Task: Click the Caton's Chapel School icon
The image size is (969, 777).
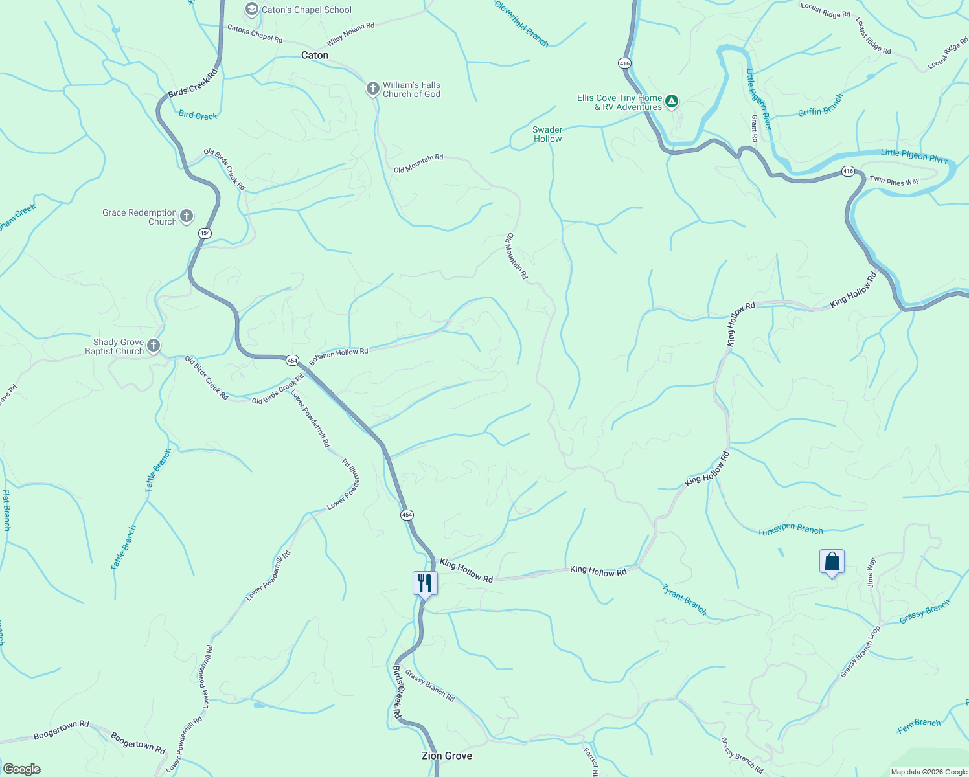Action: pyautogui.click(x=251, y=10)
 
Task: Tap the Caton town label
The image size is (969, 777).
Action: pyautogui.click(x=315, y=56)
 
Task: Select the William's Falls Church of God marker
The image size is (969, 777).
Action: pyautogui.click(x=372, y=89)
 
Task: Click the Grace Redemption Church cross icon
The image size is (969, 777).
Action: pyautogui.click(x=187, y=216)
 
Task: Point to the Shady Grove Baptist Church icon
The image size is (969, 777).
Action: pyautogui.click(x=154, y=346)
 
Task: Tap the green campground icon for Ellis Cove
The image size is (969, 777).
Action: pyautogui.click(x=672, y=101)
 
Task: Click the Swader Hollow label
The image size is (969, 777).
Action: pyautogui.click(x=547, y=134)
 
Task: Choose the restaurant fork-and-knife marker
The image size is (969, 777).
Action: pyautogui.click(x=425, y=583)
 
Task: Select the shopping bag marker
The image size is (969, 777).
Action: pyautogui.click(x=832, y=561)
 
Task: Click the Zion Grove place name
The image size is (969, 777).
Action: pyautogui.click(x=446, y=756)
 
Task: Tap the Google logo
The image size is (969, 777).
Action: pyautogui.click(x=21, y=769)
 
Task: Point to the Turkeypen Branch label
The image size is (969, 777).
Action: pyautogui.click(x=790, y=530)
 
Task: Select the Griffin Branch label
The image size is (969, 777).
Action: pyautogui.click(x=821, y=105)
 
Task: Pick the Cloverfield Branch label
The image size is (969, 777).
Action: pyautogui.click(x=521, y=24)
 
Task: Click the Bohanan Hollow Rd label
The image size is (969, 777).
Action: pyautogui.click(x=339, y=355)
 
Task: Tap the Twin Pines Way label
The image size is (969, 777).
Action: pyautogui.click(x=894, y=181)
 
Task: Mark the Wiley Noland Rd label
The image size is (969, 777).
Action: pyautogui.click(x=350, y=34)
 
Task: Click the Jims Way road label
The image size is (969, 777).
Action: pyautogui.click(x=872, y=572)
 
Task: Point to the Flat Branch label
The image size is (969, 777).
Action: pyautogui.click(x=6, y=510)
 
